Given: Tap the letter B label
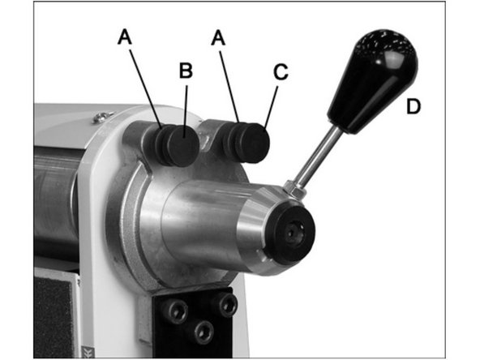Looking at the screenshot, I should coord(185,71).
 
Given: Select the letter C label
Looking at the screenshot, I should coord(280,72).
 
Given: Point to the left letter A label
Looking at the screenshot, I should coord(125,36).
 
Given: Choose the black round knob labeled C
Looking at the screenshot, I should coord(255,144).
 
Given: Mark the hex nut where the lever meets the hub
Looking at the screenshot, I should coord(295,191).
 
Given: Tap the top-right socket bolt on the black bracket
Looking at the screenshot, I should coord(228,305).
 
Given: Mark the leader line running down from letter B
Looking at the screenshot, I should coord(184,105).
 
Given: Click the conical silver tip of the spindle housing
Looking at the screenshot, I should coord(251,231).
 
